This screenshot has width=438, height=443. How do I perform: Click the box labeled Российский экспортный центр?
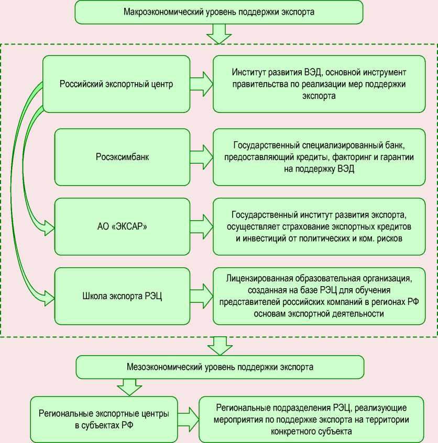[116, 84]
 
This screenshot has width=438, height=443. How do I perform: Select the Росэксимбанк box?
[122, 156]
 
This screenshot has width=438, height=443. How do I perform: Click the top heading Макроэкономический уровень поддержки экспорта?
[219, 12]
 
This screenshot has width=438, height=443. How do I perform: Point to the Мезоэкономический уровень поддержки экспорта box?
[219, 367]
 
